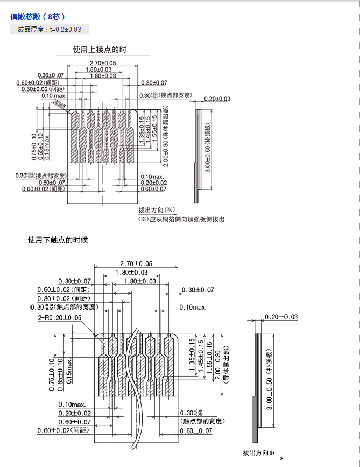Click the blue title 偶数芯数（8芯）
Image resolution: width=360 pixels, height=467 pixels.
(x=38, y=17)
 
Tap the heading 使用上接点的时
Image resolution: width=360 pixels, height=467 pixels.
(x=100, y=50)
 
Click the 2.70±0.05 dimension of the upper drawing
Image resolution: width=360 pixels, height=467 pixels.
(x=103, y=64)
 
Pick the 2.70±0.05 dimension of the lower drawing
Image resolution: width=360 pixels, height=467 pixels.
(x=136, y=263)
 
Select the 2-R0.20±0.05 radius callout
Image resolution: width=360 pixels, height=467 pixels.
(x=60, y=318)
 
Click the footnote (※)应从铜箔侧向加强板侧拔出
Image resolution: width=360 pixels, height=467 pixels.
(x=181, y=219)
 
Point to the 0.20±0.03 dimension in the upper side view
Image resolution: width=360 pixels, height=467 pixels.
(x=217, y=99)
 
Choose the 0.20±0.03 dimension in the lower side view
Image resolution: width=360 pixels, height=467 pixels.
(x=281, y=317)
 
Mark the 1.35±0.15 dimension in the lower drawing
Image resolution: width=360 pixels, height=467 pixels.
(x=192, y=359)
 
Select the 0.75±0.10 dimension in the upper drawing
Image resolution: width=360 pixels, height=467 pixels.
(x=34, y=146)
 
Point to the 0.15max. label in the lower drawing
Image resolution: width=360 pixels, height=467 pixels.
(x=70, y=369)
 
